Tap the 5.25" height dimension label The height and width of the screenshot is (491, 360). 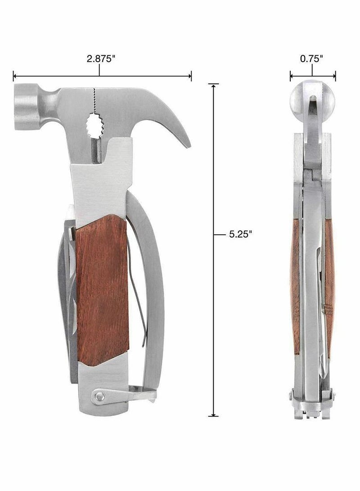[x=240, y=234]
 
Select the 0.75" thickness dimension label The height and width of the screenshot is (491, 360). [x=311, y=58]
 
